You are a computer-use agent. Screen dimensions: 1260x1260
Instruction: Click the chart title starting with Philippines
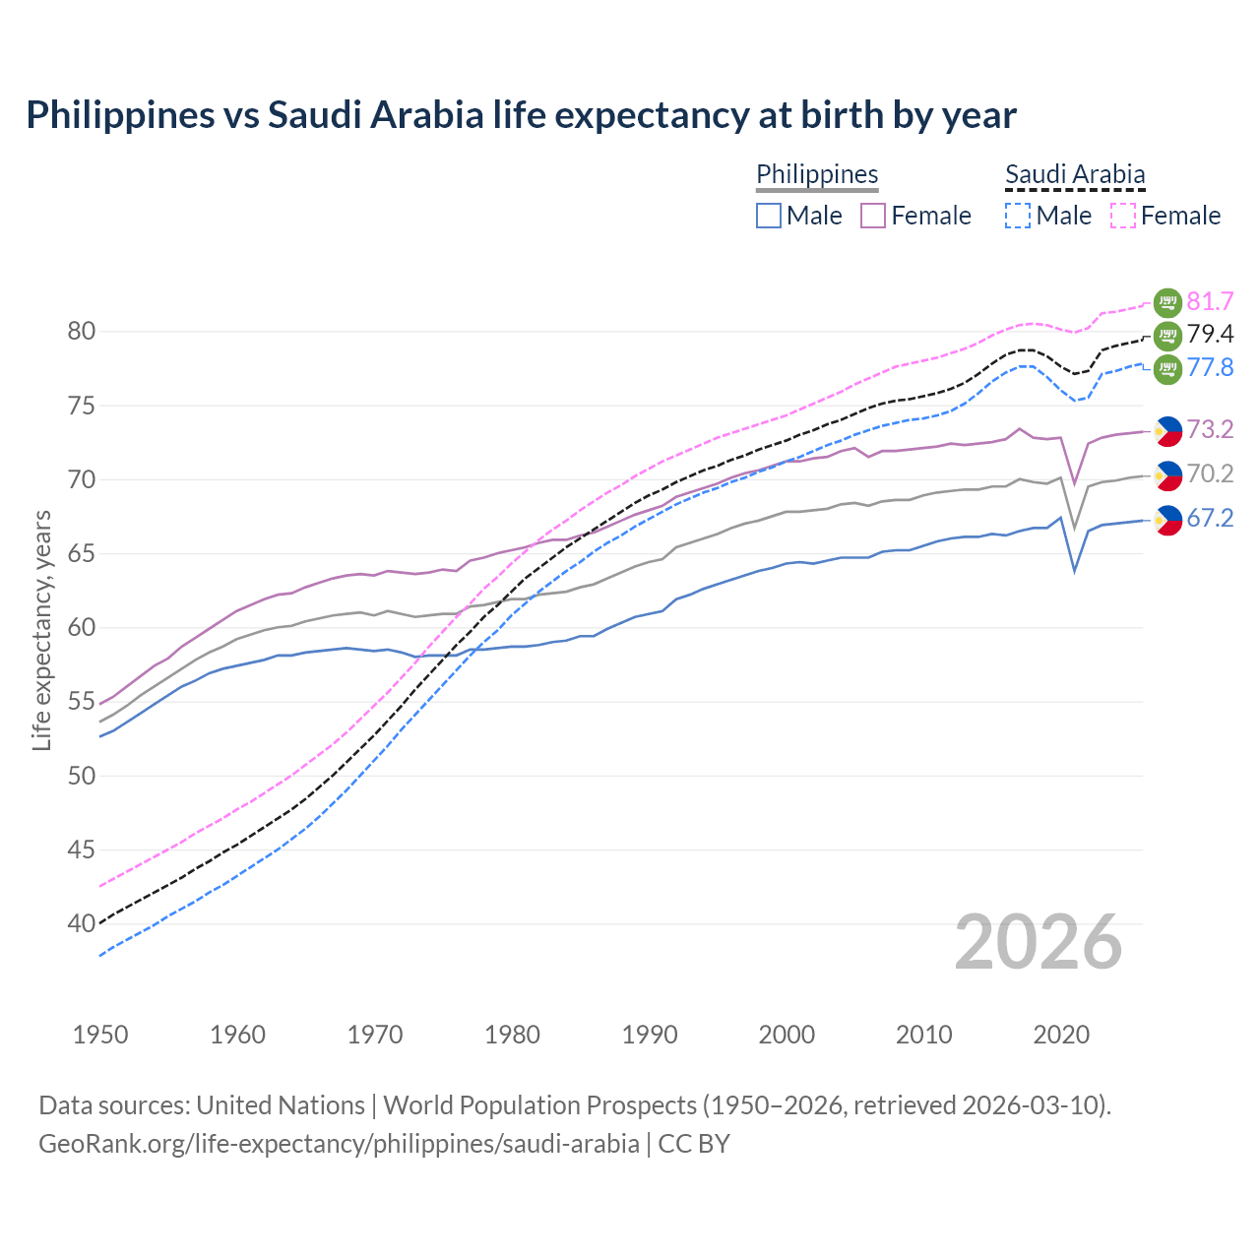[521, 115]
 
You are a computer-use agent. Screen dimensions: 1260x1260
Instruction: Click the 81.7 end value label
[1210, 301]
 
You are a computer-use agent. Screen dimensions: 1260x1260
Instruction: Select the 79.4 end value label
[1210, 335]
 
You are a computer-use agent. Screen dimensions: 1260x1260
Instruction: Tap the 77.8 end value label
[1210, 368]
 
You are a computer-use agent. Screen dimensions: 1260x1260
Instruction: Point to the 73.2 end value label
[1210, 429]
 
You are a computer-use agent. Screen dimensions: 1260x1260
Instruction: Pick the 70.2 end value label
[1210, 474]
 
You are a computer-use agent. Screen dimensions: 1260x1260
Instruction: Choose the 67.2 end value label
[1210, 519]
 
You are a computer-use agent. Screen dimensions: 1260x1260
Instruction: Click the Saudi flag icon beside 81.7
[1167, 302]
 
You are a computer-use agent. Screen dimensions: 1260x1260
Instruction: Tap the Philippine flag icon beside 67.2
[1167, 520]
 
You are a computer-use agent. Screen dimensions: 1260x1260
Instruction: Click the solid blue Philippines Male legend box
[769, 216]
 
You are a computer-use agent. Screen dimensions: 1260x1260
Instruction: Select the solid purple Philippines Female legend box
[873, 216]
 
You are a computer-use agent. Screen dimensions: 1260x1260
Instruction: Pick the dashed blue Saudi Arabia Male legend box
[1018, 216]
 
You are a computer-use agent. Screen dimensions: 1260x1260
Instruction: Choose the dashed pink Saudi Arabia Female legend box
[1123, 216]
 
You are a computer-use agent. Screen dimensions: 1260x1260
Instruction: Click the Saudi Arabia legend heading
[1075, 175]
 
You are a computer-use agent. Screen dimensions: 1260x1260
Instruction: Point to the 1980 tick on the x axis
[512, 1035]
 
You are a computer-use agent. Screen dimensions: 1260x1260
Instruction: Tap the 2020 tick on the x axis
[1061, 1035]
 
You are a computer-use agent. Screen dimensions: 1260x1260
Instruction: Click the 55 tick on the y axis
[82, 702]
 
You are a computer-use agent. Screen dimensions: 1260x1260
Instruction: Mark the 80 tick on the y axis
[82, 332]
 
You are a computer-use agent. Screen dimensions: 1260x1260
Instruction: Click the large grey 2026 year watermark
[1039, 942]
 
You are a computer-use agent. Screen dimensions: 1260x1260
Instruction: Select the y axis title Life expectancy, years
[41, 630]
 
